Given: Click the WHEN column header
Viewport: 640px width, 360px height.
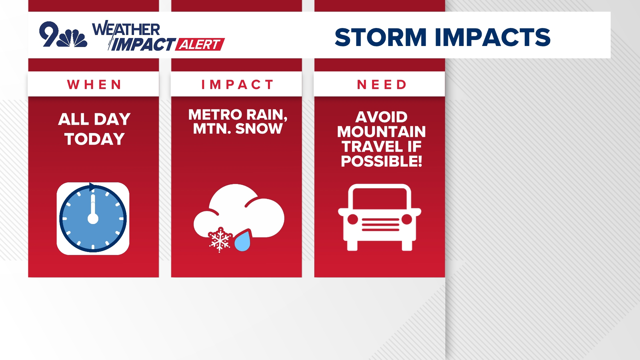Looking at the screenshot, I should point(94,85).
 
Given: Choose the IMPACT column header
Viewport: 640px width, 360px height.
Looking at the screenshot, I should point(237,85).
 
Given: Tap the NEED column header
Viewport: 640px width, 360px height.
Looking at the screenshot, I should point(382,85).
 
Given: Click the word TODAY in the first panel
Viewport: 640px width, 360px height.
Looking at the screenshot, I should point(94,139).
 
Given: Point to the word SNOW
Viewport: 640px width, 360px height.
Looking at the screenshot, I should point(259,129).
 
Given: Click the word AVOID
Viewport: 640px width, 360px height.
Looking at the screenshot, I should point(381,117).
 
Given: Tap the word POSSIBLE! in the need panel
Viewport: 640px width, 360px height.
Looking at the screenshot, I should point(381,161).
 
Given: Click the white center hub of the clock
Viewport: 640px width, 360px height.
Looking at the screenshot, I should point(93,219).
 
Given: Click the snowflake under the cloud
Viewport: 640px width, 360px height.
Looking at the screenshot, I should point(220,240).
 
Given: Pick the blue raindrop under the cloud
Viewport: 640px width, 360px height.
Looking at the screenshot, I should point(243,241).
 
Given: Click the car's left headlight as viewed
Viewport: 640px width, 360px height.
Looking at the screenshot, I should point(353,219).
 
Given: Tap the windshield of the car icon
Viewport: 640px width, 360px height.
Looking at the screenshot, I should point(380,199).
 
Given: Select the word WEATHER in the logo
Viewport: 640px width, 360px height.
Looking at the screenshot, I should point(126,29).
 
